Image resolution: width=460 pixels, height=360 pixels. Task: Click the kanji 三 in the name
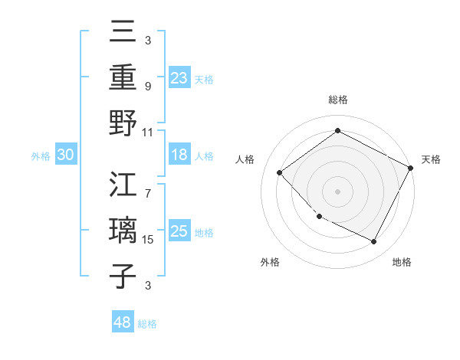click(x=123, y=33)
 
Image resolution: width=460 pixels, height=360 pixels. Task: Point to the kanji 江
click(x=123, y=186)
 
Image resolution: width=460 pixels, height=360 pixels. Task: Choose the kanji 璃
click(x=123, y=231)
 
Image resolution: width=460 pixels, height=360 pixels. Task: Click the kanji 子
click(x=123, y=276)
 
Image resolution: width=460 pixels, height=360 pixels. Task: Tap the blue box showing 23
click(x=179, y=77)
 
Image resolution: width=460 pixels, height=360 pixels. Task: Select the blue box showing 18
click(x=179, y=155)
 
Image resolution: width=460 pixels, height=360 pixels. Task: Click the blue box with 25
click(x=179, y=231)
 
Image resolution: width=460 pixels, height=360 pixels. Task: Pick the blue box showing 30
click(x=66, y=155)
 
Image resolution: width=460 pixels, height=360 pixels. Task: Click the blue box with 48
click(x=123, y=323)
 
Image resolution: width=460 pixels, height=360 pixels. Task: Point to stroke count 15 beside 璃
click(x=149, y=240)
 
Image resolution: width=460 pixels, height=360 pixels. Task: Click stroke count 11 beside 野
click(x=149, y=132)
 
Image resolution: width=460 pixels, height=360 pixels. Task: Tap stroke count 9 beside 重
click(x=148, y=87)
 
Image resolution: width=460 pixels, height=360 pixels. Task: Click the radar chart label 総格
click(x=337, y=100)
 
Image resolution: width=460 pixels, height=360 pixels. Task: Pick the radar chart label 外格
click(x=270, y=262)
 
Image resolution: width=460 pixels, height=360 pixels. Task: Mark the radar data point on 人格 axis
click(x=280, y=173)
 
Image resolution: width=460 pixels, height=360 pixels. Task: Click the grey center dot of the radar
click(x=337, y=191)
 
